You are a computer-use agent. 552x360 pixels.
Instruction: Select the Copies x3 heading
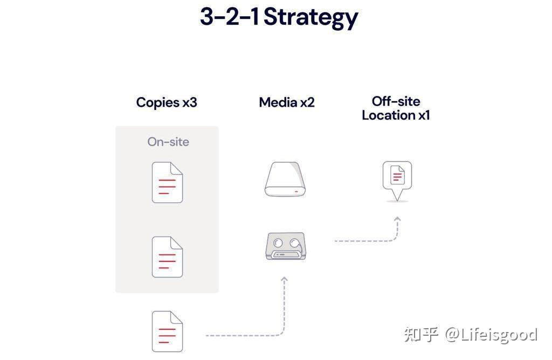pyautogui.click(x=167, y=102)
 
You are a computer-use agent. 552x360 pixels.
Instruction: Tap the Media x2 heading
pyautogui.click(x=287, y=102)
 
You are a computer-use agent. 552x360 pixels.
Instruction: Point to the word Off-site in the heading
pyautogui.click(x=396, y=101)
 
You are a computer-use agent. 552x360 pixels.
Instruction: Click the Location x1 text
pyautogui.click(x=396, y=115)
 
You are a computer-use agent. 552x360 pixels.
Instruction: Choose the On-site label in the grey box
pyautogui.click(x=168, y=141)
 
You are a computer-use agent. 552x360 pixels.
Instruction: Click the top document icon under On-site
pyautogui.click(x=167, y=182)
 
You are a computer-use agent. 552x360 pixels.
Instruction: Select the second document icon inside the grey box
pyautogui.click(x=167, y=257)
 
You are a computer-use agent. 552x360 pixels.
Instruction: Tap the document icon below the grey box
pyautogui.click(x=167, y=331)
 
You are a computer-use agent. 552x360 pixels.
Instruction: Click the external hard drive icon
pyautogui.click(x=285, y=179)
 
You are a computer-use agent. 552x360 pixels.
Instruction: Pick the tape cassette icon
pyautogui.click(x=286, y=246)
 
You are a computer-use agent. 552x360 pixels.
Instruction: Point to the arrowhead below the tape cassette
pyautogui.click(x=284, y=279)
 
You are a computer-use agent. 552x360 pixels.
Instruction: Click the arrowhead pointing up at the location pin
pyautogui.click(x=397, y=219)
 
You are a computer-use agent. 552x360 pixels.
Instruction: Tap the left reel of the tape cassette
pyautogui.click(x=278, y=243)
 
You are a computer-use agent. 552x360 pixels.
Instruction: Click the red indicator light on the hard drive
pyautogui.click(x=296, y=192)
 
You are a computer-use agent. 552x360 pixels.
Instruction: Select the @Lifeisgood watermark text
pyautogui.click(x=491, y=335)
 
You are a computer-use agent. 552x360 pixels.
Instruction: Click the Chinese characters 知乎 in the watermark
pyautogui.click(x=421, y=334)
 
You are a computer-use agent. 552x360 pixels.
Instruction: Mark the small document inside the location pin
pyautogui.click(x=397, y=175)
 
